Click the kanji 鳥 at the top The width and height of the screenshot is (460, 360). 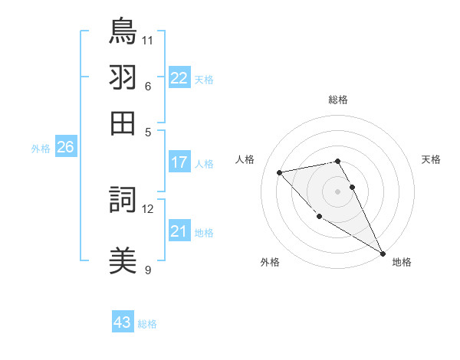click(x=123, y=31)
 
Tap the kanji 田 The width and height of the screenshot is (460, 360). click(x=123, y=122)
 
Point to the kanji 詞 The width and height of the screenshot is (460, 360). click(x=123, y=201)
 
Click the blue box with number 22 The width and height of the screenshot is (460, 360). click(x=179, y=78)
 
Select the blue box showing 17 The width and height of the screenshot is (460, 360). click(x=179, y=162)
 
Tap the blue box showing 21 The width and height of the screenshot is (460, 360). click(x=179, y=231)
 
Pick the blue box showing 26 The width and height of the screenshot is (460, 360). click(x=65, y=147)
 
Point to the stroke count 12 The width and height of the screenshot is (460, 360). click(x=148, y=208)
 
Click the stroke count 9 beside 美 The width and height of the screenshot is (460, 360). click(x=148, y=270)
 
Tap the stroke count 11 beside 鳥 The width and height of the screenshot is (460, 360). click(x=148, y=38)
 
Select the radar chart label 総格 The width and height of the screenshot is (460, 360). click(x=338, y=100)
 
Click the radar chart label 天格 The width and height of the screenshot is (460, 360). click(x=432, y=159)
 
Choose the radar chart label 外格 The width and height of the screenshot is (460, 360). click(x=270, y=262)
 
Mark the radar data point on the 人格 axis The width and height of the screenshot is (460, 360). click(x=280, y=172)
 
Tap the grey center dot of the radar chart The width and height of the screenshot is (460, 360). click(x=338, y=191)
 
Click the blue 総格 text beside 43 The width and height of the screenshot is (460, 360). click(x=147, y=324)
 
